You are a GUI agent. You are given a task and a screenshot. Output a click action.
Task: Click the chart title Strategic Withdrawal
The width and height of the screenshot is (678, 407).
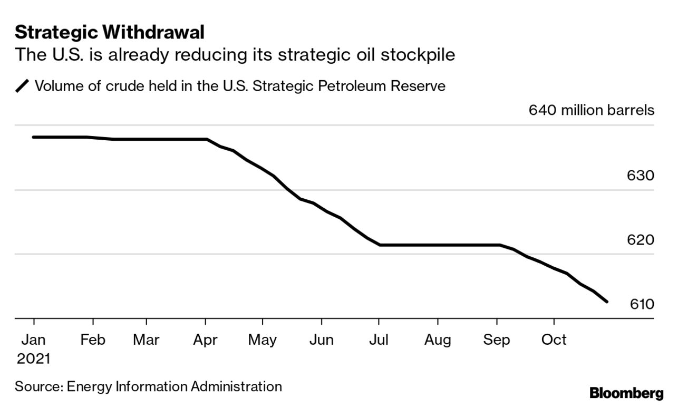[x=109, y=33]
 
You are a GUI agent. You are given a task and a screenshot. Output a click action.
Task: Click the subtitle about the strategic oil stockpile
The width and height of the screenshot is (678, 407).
[x=235, y=55]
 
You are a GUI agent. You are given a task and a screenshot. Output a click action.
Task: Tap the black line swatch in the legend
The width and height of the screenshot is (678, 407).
[x=23, y=86]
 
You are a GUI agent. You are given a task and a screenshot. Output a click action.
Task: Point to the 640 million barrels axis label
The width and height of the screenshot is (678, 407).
[x=591, y=111]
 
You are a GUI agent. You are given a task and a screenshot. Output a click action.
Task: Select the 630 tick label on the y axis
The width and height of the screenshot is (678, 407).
[x=641, y=176]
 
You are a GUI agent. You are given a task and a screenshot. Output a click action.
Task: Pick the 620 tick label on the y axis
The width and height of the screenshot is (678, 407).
[x=641, y=240]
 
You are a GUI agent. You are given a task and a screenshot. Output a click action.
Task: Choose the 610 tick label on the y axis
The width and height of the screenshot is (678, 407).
[x=641, y=304]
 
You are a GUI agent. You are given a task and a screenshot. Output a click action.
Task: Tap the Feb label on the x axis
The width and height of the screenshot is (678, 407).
[x=93, y=340]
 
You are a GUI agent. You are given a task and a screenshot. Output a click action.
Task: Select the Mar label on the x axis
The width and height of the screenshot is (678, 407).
[x=146, y=340]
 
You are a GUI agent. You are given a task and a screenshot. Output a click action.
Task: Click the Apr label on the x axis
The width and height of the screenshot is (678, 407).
[x=205, y=340]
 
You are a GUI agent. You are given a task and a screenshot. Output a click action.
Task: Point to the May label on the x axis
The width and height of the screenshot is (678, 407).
[x=262, y=340]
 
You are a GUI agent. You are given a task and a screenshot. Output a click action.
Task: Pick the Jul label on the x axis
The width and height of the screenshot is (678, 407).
[x=379, y=340]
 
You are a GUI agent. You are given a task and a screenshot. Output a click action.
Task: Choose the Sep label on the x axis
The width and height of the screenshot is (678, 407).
[x=497, y=340]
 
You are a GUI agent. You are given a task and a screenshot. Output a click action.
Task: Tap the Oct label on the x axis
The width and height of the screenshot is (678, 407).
[x=554, y=340]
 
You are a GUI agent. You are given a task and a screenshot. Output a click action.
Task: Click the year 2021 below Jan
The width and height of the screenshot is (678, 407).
[x=34, y=359]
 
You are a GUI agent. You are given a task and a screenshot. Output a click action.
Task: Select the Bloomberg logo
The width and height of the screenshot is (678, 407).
[x=626, y=393]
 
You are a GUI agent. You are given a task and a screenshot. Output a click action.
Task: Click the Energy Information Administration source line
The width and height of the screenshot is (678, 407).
[x=148, y=386]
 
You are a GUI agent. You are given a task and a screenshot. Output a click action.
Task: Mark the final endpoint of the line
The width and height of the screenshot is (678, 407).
[x=607, y=302]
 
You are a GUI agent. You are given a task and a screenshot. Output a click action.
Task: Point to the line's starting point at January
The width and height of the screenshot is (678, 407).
[x=34, y=137]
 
